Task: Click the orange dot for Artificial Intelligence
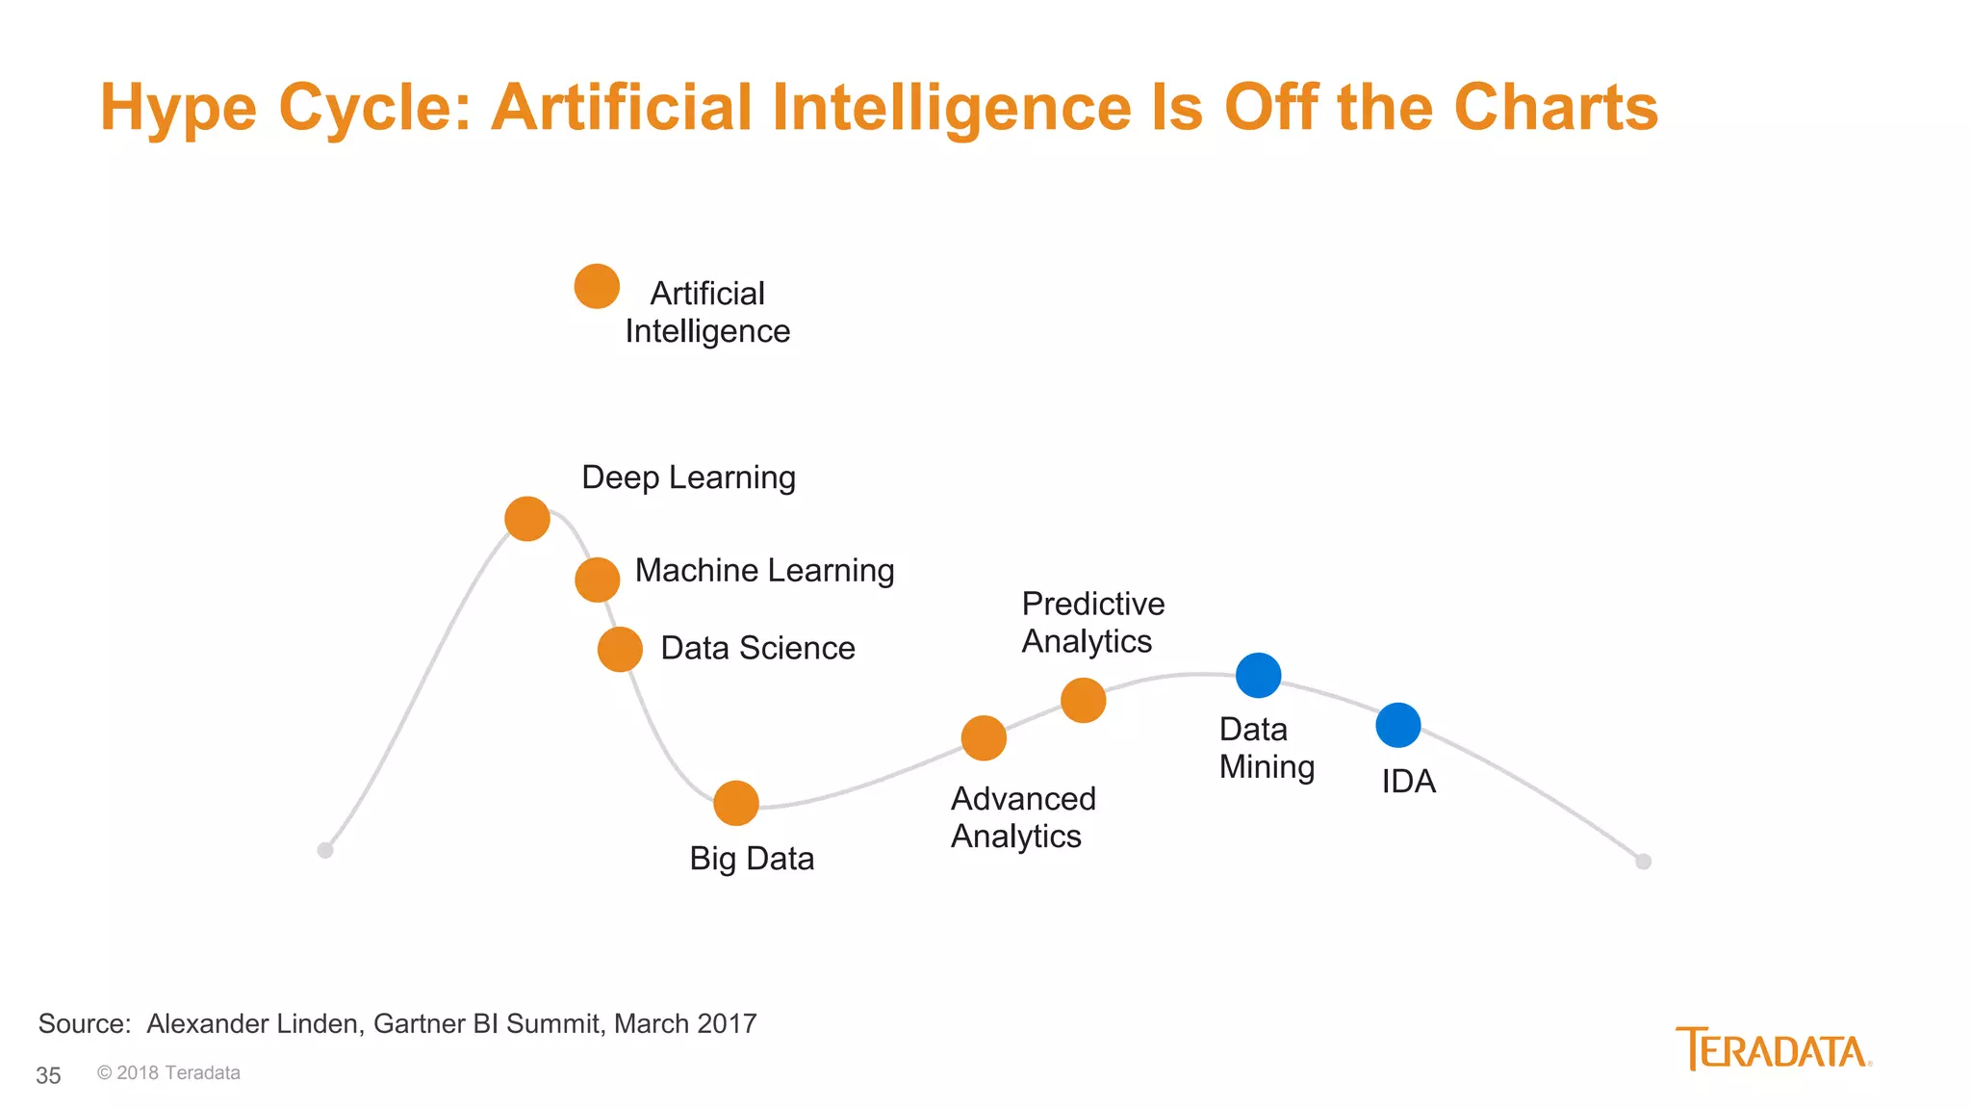[597, 287]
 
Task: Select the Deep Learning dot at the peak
[527, 519]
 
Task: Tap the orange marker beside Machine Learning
[598, 580]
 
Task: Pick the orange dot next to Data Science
[620, 650]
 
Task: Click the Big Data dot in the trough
[736, 803]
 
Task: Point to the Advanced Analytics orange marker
[984, 738]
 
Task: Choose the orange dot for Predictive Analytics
[1084, 700]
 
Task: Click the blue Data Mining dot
[1258, 675]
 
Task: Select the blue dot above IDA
[1398, 725]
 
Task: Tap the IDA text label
[1408, 781]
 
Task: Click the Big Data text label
[752, 858]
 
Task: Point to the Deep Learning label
[688, 477]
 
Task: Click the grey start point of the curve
[325, 850]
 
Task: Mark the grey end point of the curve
[1644, 862]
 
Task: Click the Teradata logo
[1773, 1049]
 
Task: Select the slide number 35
[48, 1075]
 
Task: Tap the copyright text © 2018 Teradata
[168, 1072]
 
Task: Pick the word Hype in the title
[178, 107]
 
